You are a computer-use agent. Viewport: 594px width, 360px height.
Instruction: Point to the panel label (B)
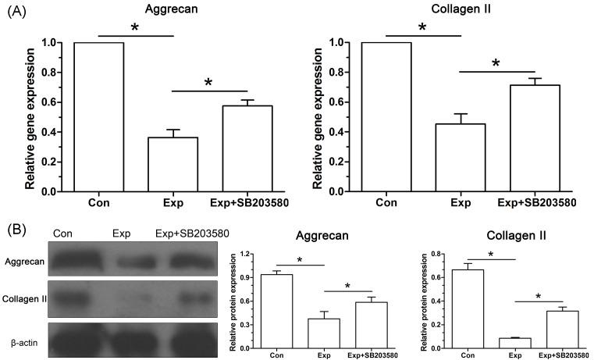18,231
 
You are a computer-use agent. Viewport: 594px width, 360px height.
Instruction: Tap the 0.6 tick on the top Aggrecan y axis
49,102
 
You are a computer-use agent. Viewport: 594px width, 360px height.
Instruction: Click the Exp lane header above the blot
121,233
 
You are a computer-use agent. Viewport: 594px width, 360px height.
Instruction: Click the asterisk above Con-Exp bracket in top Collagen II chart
421,28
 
